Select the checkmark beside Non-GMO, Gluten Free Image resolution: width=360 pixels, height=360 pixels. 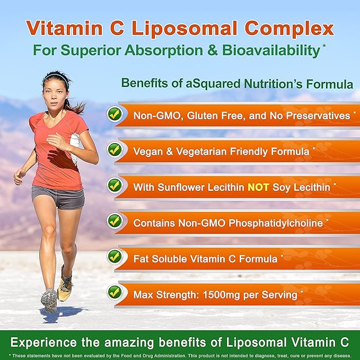click(x=114, y=114)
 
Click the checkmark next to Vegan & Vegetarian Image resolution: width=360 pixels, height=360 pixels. click(x=114, y=150)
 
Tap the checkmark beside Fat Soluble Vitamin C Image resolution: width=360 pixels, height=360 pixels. click(x=114, y=257)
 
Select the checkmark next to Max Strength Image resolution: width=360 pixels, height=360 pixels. click(x=114, y=292)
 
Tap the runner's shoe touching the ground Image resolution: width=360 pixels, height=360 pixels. click(x=50, y=300)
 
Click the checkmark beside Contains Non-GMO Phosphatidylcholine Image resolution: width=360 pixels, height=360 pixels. click(x=114, y=221)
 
